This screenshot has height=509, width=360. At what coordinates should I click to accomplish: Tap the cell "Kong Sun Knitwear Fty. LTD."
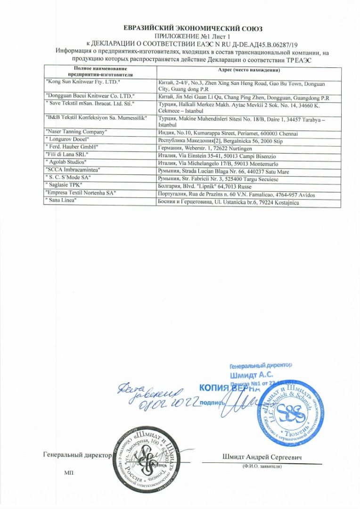[x=83, y=82]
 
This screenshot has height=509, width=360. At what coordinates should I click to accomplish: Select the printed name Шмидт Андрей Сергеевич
[x=262, y=457]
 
